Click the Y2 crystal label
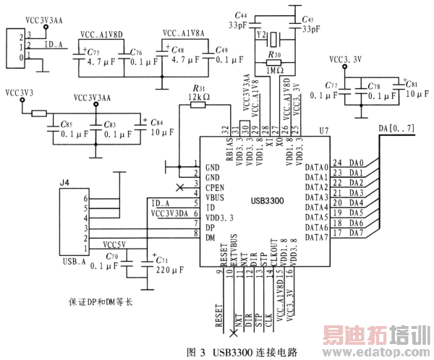[x=262, y=35]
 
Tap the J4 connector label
[x=64, y=184]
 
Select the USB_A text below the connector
[x=76, y=261]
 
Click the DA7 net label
[x=357, y=233]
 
